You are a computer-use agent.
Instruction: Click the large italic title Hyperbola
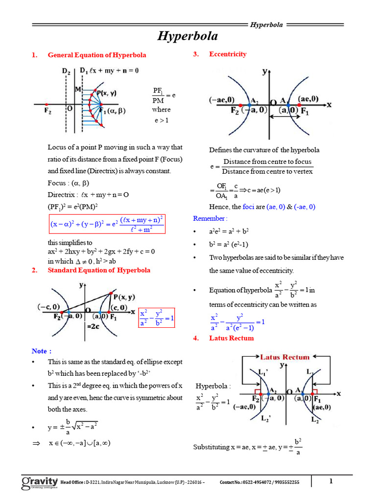(x=188, y=36)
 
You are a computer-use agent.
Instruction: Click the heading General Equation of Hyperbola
(x=96, y=55)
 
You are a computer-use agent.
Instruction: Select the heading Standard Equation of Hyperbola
(x=99, y=270)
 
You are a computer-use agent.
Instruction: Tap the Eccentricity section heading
(x=228, y=54)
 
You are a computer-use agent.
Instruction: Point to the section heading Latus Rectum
(x=231, y=338)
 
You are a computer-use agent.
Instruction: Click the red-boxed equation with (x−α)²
(x=107, y=225)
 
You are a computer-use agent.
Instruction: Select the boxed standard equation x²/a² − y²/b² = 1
(x=157, y=318)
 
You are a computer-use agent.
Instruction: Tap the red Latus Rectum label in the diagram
(x=284, y=357)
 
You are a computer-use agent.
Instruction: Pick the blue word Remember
(x=210, y=218)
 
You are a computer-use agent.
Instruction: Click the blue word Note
(x=41, y=351)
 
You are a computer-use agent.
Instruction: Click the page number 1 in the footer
(x=330, y=481)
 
